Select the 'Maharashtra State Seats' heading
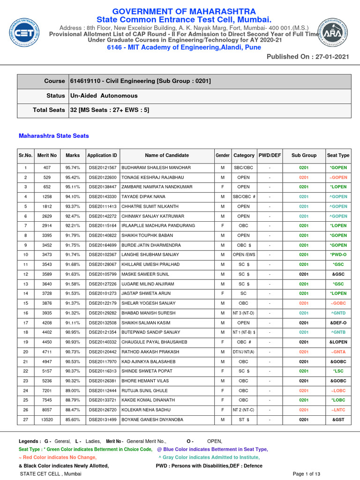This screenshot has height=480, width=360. (x=53, y=136)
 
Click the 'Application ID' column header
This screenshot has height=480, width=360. (x=102, y=155)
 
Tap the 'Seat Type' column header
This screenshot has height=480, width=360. (x=338, y=155)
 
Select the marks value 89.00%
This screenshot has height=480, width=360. (x=73, y=390)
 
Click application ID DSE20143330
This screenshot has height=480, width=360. (x=102, y=197)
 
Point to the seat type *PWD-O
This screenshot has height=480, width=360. (x=338, y=255)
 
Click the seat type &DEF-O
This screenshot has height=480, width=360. (x=338, y=322)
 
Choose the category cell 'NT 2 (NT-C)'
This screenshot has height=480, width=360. (x=243, y=410)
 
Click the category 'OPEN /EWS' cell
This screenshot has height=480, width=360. (x=243, y=255)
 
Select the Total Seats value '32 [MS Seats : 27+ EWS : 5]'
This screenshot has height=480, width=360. (x=110, y=110)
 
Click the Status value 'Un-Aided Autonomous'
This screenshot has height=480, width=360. (x=104, y=96)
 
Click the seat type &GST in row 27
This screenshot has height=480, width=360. (x=338, y=420)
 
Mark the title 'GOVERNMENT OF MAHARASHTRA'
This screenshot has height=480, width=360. (x=183, y=11)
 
